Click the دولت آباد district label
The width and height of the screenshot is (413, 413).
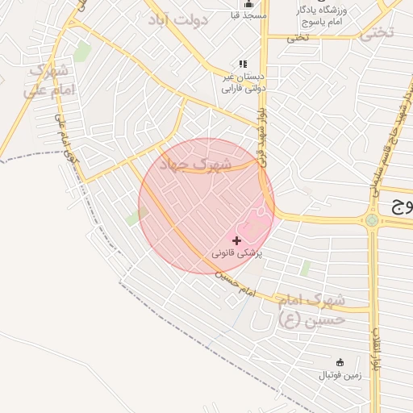pyautogui.click(x=179, y=19)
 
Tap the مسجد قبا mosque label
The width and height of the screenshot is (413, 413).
pyautogui.click(x=247, y=15)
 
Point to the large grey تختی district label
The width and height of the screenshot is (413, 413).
pyautogui.click(x=378, y=33)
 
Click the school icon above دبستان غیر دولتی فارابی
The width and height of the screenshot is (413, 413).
pyautogui.click(x=243, y=64)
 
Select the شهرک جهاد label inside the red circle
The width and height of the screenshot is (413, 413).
pyautogui.click(x=194, y=164)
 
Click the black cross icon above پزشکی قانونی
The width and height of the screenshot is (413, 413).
pyautogui.click(x=236, y=240)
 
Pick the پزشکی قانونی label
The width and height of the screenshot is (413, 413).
pyautogui.click(x=237, y=253)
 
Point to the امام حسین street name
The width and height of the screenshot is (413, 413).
pyautogui.click(x=235, y=284)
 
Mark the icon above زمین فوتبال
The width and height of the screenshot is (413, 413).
pyautogui.click(x=340, y=361)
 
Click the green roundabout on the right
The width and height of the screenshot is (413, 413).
pyautogui.click(x=372, y=219)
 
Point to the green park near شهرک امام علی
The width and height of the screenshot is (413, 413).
pyautogui.click(x=81, y=52)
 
